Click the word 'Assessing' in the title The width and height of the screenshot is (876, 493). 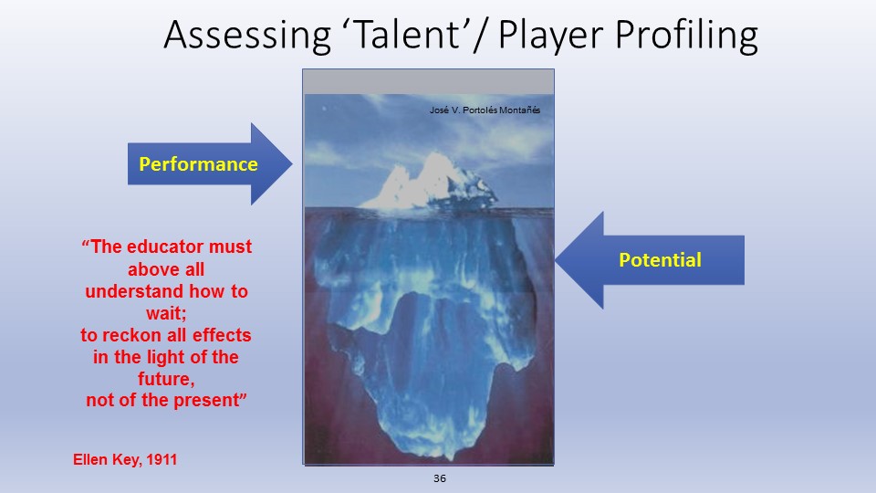coord(247,36)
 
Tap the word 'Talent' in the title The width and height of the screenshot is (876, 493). coord(407,34)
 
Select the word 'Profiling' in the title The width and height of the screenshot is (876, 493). coord(686,36)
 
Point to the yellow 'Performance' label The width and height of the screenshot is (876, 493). coord(198,163)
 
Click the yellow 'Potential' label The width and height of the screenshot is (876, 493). coord(660,260)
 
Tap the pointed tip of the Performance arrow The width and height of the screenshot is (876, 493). coord(292,163)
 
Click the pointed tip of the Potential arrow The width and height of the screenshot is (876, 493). coord(556,260)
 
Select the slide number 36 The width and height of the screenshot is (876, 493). coord(440,478)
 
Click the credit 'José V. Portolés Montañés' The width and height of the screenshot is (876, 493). coord(485,110)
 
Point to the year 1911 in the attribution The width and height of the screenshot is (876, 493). coord(162,459)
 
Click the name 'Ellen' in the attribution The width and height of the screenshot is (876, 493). coord(90,459)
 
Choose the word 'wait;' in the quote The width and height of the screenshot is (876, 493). coord(166,313)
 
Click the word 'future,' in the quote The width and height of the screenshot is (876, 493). coord(166,378)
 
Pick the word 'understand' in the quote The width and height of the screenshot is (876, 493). coord(135,291)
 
